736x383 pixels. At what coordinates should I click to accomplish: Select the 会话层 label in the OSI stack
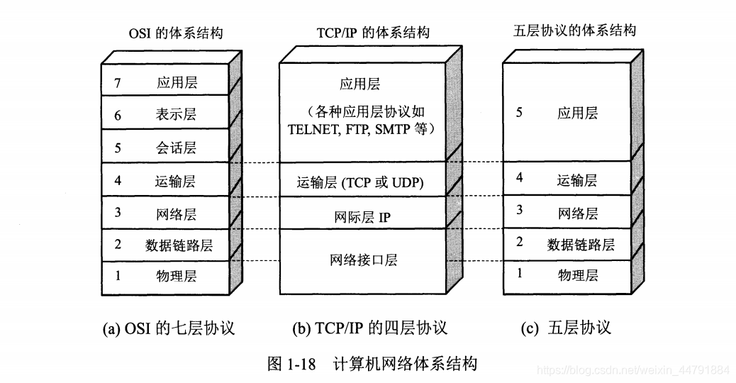(x=176, y=148)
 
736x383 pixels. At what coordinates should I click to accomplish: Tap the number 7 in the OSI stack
(x=117, y=83)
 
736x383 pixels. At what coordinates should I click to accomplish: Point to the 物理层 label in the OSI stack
(x=176, y=276)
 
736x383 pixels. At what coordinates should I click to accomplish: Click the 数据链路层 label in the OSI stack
(x=179, y=245)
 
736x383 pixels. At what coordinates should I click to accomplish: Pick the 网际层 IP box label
(x=362, y=217)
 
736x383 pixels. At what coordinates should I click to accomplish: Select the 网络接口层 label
(x=363, y=260)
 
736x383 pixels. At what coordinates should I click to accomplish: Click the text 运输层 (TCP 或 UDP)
(x=360, y=183)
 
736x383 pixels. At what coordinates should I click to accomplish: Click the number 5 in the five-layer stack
(x=519, y=112)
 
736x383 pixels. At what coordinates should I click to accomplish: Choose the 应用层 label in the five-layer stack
(x=577, y=113)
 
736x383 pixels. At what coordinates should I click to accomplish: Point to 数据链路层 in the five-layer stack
(x=581, y=245)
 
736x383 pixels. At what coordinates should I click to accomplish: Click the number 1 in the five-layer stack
(x=519, y=273)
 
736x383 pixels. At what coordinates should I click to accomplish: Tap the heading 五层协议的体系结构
(x=574, y=30)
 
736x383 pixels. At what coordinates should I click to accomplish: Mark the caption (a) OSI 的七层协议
(x=168, y=328)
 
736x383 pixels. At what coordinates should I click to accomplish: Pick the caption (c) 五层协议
(x=565, y=328)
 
